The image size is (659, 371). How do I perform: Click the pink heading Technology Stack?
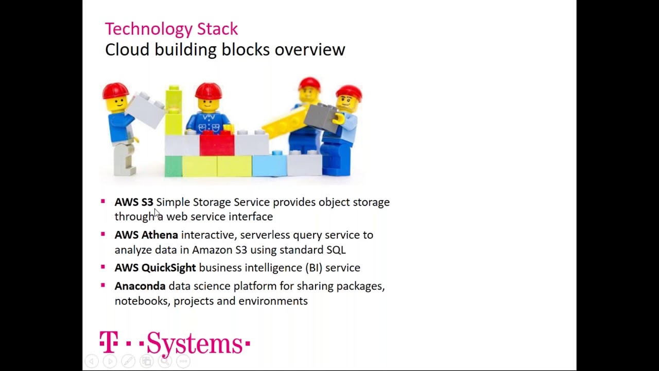171,29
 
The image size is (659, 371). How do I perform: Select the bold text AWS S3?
134,202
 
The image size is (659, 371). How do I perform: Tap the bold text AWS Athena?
146,235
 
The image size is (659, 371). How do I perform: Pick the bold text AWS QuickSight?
155,268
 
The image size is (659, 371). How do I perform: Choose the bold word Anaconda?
140,286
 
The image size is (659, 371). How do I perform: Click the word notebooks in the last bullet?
141,301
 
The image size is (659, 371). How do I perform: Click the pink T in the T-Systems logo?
109,342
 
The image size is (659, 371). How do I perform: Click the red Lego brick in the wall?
217,143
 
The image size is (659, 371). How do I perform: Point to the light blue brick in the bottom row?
269,165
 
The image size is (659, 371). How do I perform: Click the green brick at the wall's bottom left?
174,166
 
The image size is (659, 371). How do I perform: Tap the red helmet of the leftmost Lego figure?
115,91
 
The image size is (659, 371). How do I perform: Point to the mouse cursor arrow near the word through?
157,213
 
